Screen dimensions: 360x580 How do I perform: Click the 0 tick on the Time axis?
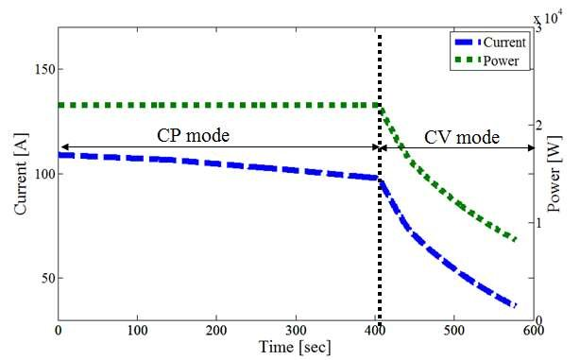click(59, 331)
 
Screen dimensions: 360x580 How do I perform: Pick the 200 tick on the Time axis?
click(216, 331)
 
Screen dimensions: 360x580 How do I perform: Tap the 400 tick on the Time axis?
click(375, 331)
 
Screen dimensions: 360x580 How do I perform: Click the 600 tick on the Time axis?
click(533, 331)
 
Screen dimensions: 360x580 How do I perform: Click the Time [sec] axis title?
click(294, 346)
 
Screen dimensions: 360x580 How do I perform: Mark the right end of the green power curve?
click(517, 240)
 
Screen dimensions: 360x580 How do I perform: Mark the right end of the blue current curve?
click(515, 305)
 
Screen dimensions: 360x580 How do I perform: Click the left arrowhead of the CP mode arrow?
click(61, 148)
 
